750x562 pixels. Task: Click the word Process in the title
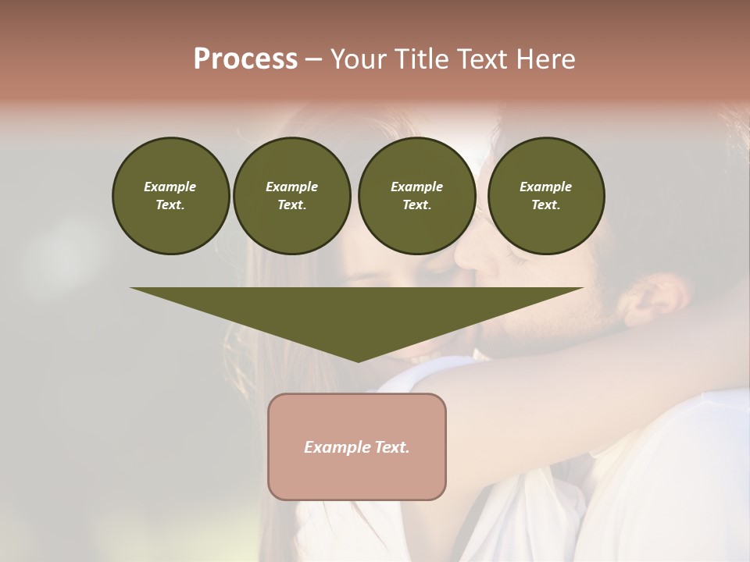point(245,59)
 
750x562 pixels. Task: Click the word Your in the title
point(359,59)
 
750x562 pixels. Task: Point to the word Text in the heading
point(483,59)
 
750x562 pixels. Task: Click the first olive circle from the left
point(170,196)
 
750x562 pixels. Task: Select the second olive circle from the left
point(291,196)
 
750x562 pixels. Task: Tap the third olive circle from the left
point(416,196)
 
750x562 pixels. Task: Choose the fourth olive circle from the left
point(545,196)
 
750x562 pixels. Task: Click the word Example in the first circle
point(170,187)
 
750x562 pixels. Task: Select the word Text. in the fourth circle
point(545,205)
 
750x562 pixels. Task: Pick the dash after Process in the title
point(313,59)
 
